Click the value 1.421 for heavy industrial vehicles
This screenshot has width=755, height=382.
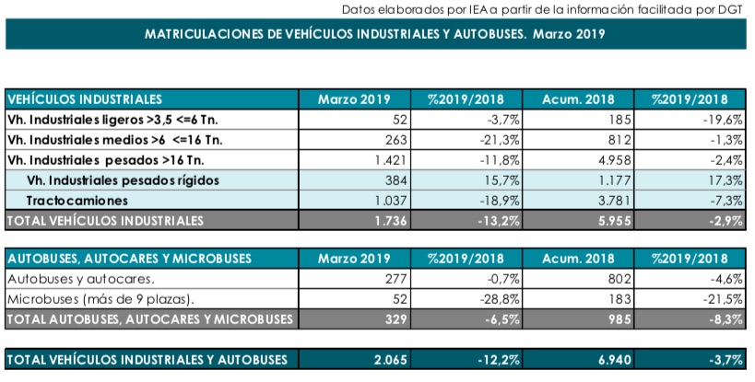coord(391,160)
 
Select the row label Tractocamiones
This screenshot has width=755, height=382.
coord(77,201)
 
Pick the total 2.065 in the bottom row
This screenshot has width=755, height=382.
coord(391,359)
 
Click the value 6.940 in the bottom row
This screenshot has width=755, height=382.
coord(614,359)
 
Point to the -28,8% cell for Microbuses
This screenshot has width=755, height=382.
coord(500,299)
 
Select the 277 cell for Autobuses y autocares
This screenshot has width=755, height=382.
coord(396,279)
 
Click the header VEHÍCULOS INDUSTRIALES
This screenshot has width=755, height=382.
coord(85,99)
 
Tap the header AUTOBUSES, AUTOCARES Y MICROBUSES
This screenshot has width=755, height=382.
coord(130,259)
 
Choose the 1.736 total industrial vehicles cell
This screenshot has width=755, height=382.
coord(391,221)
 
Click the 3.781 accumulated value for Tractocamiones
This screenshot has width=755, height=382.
coord(614,201)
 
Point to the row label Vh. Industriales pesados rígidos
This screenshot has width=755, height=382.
coord(123,180)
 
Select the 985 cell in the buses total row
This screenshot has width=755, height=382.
coord(619,319)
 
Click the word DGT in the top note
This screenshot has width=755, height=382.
coord(732,9)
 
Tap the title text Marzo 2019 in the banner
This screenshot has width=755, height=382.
coord(569,34)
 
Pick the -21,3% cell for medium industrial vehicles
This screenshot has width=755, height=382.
coord(500,140)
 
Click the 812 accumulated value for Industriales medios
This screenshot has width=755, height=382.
coord(619,140)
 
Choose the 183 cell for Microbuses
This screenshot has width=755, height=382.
coord(619,299)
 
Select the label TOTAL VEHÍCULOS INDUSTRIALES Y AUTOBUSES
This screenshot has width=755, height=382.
coord(147,359)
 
